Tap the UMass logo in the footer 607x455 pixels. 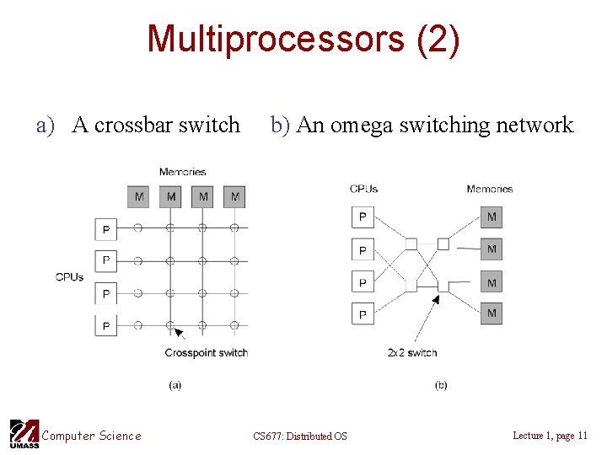tap(24, 434)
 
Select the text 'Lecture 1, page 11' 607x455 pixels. tap(550, 435)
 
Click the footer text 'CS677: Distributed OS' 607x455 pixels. tap(299, 436)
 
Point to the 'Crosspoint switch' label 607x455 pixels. tap(206, 352)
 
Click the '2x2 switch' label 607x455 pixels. tap(411, 352)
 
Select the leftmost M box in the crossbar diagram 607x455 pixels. tap(139, 196)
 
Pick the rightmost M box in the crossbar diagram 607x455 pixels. tap(234, 196)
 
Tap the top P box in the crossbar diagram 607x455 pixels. tap(105, 228)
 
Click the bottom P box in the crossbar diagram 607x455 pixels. tap(105, 325)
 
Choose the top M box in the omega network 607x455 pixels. tap(492, 217)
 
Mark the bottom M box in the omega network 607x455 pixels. tap(492, 313)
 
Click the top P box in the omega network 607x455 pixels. tap(363, 217)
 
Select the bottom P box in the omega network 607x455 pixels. tap(363, 314)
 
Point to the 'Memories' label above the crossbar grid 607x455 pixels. tap(182, 172)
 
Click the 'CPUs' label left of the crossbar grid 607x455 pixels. tap(69, 276)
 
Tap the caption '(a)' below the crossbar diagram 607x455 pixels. tap(175, 385)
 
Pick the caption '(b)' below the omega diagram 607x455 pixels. tap(441, 385)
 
